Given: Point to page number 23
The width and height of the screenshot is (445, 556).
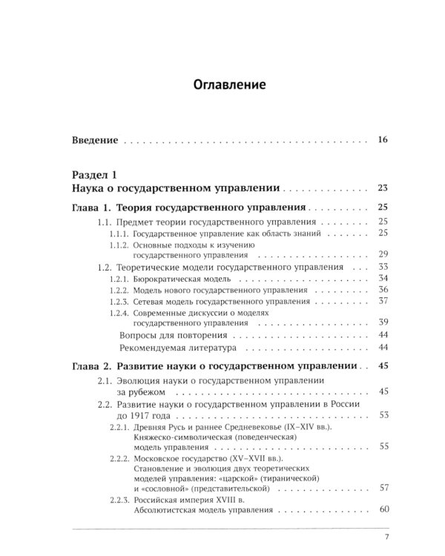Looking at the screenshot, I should click(x=383, y=188).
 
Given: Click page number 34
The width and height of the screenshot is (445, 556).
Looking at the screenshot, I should click(x=383, y=277).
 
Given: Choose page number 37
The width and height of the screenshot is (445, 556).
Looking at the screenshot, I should click(x=383, y=301).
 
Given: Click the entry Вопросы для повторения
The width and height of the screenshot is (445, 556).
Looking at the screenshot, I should click(x=169, y=335).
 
